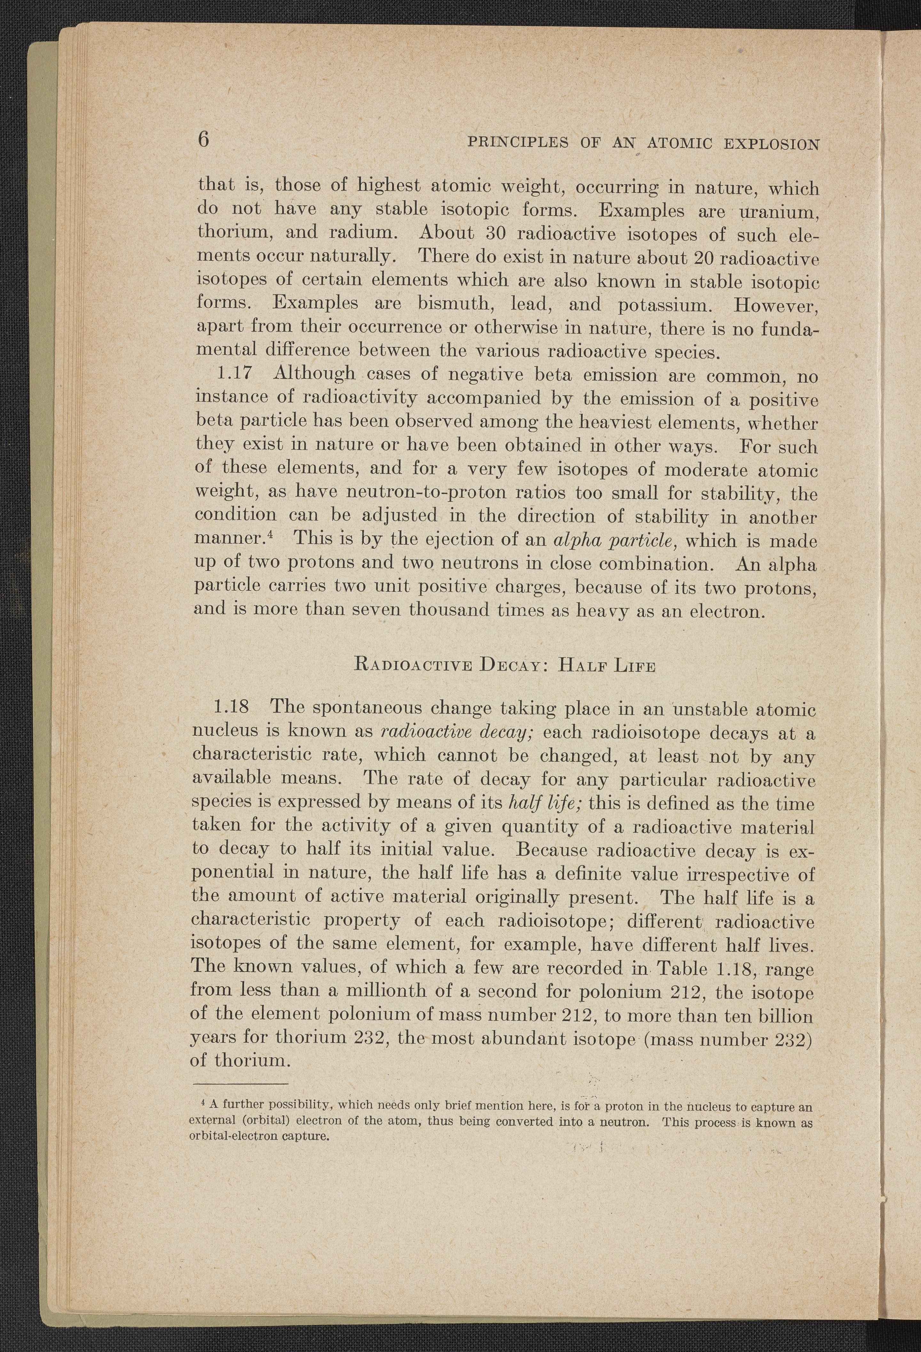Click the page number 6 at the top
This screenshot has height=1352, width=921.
[x=203, y=141]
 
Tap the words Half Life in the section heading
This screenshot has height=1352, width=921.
[x=606, y=665]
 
